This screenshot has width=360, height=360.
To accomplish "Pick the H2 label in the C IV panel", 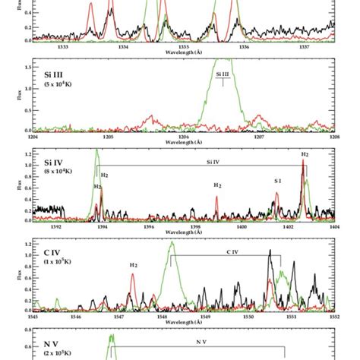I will [x=133, y=265].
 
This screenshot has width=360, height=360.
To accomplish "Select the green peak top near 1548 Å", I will [x=172, y=243].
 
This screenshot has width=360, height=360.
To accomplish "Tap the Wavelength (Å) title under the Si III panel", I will [x=182, y=143].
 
